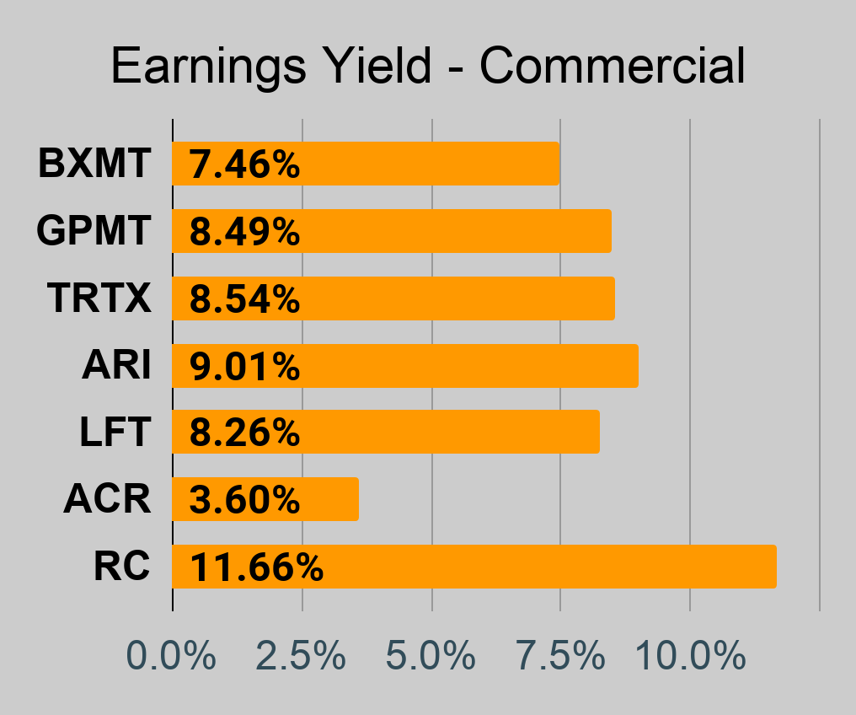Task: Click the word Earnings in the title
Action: coord(208,67)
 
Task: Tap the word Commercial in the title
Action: coord(612,66)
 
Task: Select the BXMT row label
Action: coord(94,164)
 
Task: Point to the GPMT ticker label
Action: coord(94,230)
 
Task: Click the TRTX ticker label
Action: coord(99,298)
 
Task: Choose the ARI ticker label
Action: coord(116,365)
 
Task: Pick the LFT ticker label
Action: coord(115,432)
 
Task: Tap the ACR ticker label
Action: coord(107,499)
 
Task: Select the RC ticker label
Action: coord(121,567)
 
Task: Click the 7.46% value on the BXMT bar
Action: coord(244,164)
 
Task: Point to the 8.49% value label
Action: coord(244,231)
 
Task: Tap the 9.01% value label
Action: coord(244,366)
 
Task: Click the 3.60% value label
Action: coord(244,499)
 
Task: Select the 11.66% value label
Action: coord(257,567)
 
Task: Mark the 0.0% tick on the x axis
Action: coord(171,655)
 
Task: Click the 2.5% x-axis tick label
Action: coord(301,655)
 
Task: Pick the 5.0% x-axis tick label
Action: coord(431,655)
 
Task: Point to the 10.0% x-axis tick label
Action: coord(691,655)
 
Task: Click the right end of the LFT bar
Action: coord(599,432)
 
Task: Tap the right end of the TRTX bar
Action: coord(615,298)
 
